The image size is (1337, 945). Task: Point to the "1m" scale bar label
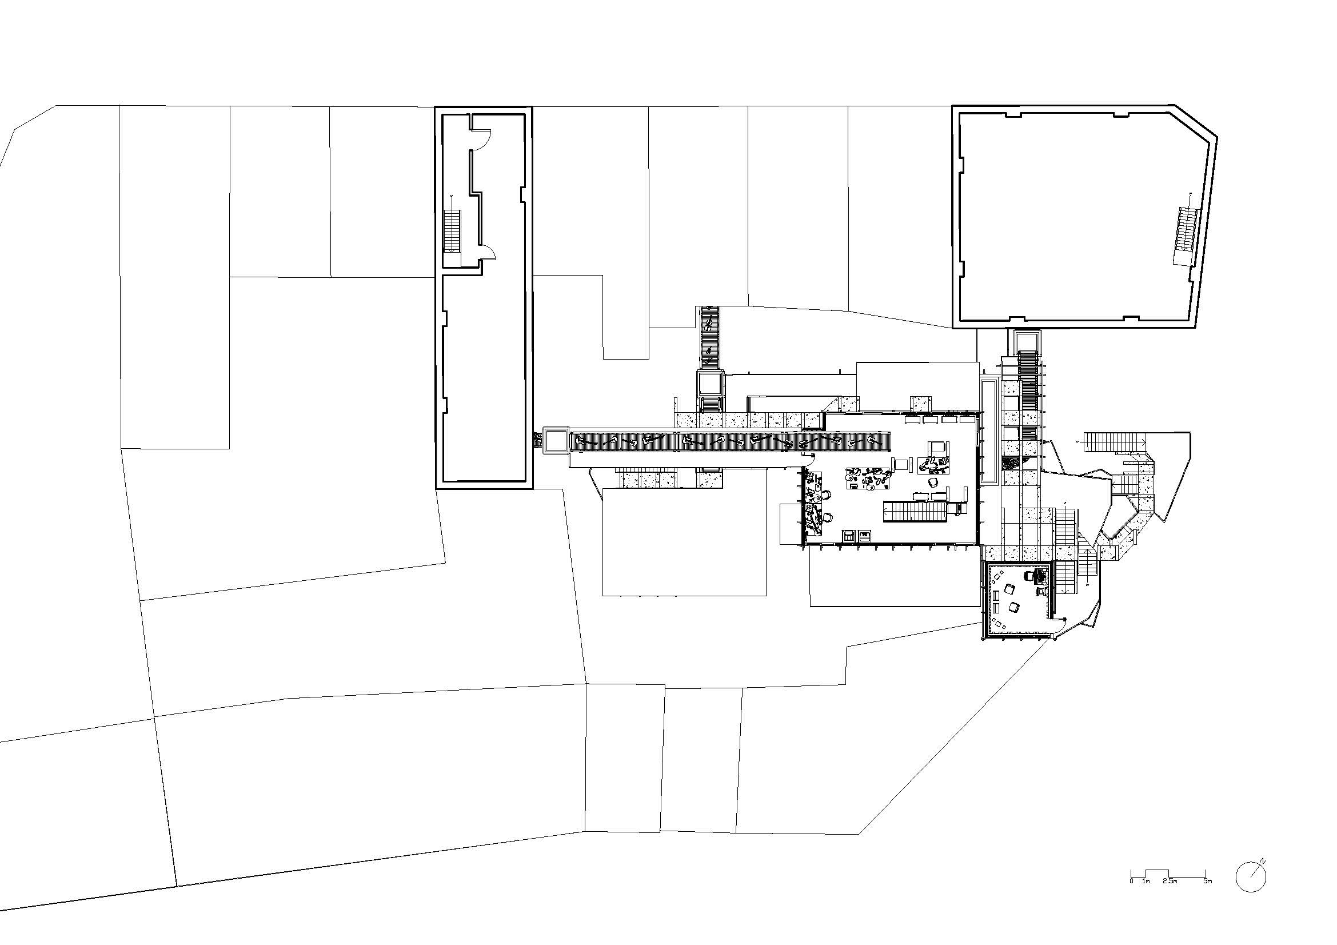[x=1146, y=897]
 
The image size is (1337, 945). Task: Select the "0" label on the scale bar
[x=1131, y=897]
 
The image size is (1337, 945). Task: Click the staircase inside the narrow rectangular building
[x=452, y=231]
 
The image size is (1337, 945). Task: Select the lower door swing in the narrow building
[x=489, y=252]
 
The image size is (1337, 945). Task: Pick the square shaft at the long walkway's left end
[x=556, y=440]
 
